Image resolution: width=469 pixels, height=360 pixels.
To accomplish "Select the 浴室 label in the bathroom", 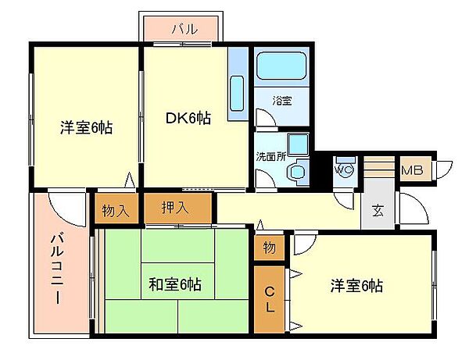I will (281, 101).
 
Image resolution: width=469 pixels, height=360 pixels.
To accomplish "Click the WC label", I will (344, 168).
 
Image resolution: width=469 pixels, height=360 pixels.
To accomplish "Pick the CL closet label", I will (269, 300).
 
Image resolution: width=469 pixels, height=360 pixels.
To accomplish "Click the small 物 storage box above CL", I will (269, 248).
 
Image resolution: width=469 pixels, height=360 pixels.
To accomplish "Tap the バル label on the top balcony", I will (184, 29).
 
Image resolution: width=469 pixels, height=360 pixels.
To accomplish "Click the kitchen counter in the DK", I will (238, 86).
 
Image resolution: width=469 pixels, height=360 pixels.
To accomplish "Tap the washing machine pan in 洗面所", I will (297, 145).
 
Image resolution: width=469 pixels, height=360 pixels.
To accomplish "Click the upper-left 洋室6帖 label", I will (86, 127).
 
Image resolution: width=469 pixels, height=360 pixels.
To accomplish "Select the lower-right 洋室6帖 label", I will (355, 285).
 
